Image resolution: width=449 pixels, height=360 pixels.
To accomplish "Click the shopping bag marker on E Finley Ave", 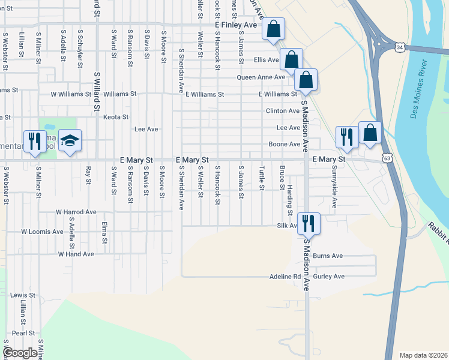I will click(x=273, y=29).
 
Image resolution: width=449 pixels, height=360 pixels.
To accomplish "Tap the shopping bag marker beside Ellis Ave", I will click(x=291, y=60).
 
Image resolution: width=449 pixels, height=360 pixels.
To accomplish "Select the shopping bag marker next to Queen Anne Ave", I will click(x=306, y=80).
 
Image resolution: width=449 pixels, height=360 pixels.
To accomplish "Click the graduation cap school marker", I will click(x=70, y=142).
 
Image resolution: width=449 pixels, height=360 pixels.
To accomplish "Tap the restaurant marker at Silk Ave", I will click(x=309, y=224).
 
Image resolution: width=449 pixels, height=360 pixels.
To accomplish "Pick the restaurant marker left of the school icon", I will click(x=34, y=142).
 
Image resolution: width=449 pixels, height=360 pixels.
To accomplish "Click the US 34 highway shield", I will click(x=400, y=47).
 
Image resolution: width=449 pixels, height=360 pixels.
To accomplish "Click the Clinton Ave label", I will click(x=283, y=111).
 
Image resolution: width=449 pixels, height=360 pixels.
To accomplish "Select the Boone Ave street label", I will click(x=284, y=145).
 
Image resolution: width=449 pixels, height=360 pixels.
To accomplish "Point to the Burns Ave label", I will click(x=328, y=256).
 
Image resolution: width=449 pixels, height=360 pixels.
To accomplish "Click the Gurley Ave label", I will click(x=331, y=276).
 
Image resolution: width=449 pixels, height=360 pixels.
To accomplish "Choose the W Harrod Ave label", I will click(x=76, y=212).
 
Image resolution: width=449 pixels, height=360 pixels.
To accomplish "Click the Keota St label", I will click(x=116, y=117).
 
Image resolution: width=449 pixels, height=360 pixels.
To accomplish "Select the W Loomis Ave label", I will click(x=42, y=231).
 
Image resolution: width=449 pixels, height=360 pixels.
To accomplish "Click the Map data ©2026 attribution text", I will click(x=423, y=355).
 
